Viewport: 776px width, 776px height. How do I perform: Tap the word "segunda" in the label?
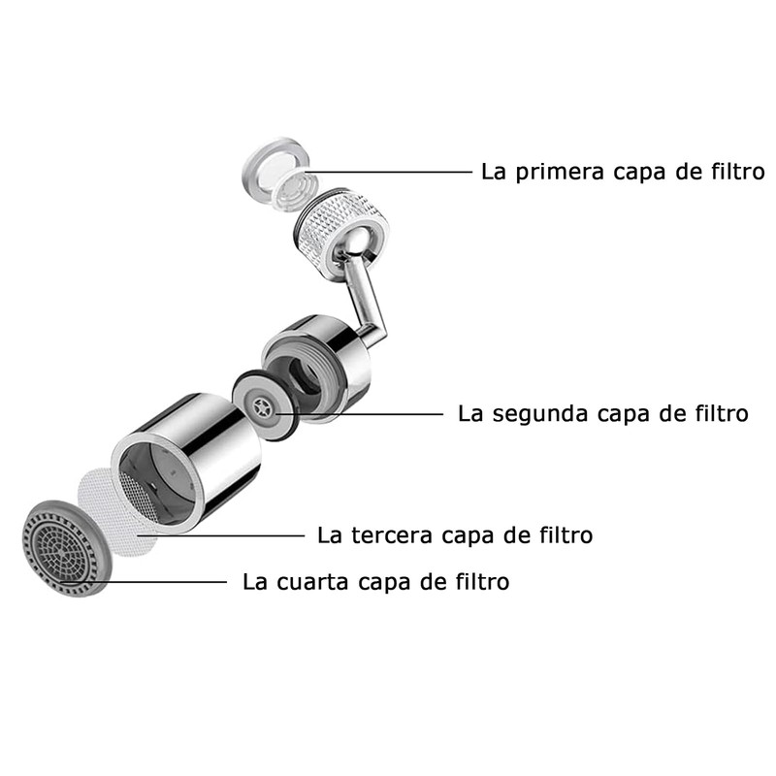pos(533,414)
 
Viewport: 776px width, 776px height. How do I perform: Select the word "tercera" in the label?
pos(392,535)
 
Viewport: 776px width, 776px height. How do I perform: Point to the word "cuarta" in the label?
pos(312,582)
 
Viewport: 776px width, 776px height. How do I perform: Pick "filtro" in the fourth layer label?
pos(475,582)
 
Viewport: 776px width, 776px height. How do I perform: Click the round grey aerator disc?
pos(64,547)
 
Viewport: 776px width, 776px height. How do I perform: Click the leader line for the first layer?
pos(388,172)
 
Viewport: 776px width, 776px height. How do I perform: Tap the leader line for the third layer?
pos(223,534)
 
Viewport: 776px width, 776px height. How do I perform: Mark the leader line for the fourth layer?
pos(165,582)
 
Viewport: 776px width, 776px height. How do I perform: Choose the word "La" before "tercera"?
pos(330,535)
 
